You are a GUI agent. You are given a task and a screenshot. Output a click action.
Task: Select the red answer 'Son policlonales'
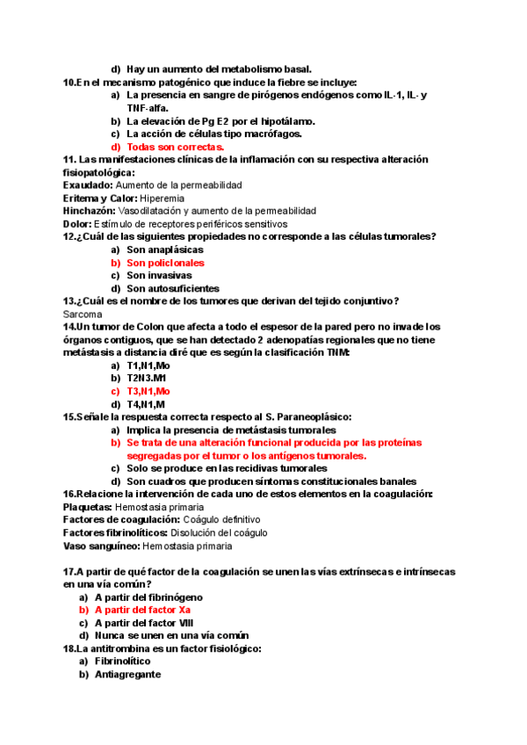(165, 263)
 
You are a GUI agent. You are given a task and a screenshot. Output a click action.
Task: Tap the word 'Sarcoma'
(83, 314)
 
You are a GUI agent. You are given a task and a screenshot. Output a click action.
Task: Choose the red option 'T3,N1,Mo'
(148, 391)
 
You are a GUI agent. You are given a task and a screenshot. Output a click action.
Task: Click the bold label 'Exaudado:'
(88, 185)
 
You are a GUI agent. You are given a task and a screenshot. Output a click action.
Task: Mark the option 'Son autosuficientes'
(172, 288)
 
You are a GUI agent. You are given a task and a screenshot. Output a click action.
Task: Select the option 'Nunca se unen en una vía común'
(172, 635)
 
